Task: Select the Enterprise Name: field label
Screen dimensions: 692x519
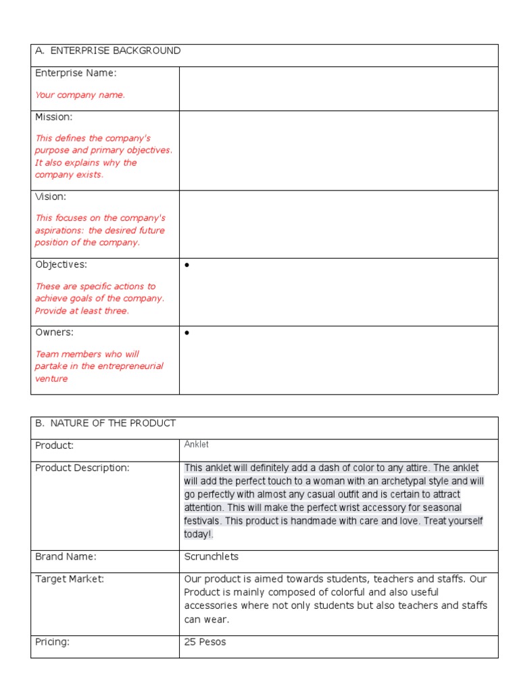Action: point(76,73)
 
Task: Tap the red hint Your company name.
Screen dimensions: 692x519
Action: point(80,95)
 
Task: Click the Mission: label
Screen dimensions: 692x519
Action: point(53,117)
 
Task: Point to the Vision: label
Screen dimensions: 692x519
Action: point(51,197)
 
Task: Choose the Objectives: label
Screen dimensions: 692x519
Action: point(61,264)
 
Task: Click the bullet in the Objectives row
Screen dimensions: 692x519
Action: point(187,266)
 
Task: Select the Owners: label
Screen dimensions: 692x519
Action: point(54,332)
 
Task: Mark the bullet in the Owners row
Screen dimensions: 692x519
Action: point(187,333)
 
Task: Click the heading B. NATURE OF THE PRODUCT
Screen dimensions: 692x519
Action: point(105,423)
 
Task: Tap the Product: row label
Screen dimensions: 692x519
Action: point(54,446)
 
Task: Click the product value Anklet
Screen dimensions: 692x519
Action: point(197,445)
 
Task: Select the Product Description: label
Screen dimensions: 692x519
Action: point(82,468)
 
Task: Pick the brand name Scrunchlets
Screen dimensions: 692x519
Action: point(211,557)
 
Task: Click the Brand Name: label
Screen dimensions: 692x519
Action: point(66,557)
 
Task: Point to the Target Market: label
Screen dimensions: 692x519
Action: point(70,579)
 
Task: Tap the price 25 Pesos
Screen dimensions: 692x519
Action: point(205,642)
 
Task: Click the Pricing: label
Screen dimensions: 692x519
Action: point(52,642)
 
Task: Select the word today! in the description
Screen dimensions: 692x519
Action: point(198,535)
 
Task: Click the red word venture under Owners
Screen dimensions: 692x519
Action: point(51,379)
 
